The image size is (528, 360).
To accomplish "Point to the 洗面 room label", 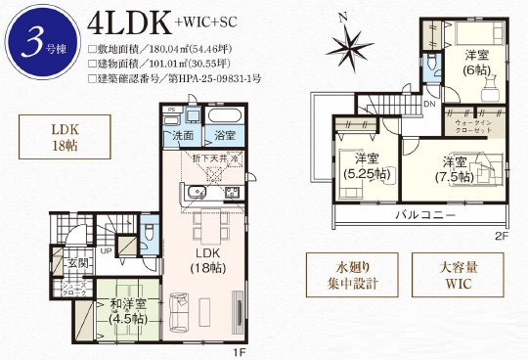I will pos(183,136).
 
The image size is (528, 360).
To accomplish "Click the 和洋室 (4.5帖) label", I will pos(128,313).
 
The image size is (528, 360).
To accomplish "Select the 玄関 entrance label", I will pos(77,263).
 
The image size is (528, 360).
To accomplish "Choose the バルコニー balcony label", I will pos(423,214).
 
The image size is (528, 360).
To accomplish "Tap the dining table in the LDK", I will pos(208,226).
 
